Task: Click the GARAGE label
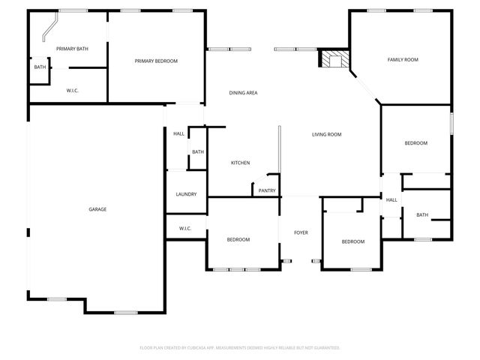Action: click(x=97, y=209)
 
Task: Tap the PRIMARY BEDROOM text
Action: click(x=156, y=61)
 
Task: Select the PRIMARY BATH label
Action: click(x=72, y=49)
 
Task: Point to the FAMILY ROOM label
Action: click(x=402, y=59)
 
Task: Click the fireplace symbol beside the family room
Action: click(x=331, y=59)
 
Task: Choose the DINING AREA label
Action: click(x=243, y=93)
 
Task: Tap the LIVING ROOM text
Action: click(x=326, y=134)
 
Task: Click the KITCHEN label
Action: click(x=240, y=163)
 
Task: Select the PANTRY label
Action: click(x=267, y=190)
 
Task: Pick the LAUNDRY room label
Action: click(x=186, y=194)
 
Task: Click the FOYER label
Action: click(x=301, y=233)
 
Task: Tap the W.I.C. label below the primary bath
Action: click(x=73, y=91)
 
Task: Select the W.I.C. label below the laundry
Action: click(x=185, y=228)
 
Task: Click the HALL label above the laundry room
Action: click(x=178, y=133)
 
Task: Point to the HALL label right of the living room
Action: click(x=391, y=200)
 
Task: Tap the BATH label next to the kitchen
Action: click(x=197, y=152)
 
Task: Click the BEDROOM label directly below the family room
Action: click(x=415, y=143)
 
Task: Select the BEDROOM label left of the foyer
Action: click(x=238, y=239)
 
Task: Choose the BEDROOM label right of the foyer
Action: click(x=352, y=241)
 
